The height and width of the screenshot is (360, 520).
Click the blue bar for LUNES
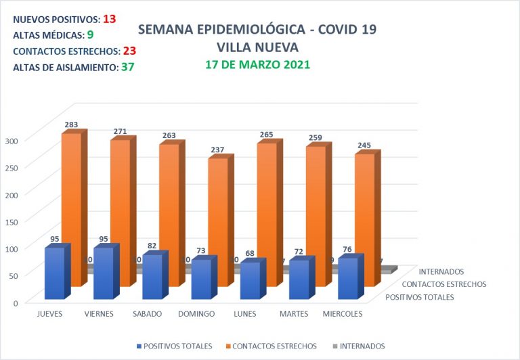250,280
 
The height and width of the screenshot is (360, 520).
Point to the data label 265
266,135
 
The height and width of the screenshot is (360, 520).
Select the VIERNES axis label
99,314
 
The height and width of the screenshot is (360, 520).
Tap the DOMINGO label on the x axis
196,314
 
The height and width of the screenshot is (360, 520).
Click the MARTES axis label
294,314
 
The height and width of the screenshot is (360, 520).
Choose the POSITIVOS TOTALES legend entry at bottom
177,346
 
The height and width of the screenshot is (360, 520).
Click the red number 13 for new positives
109,19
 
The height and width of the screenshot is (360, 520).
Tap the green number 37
127,67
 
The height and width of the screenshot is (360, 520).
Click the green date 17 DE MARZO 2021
257,65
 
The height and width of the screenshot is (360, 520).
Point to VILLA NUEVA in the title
257,47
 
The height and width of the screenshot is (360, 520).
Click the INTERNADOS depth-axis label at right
441,273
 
